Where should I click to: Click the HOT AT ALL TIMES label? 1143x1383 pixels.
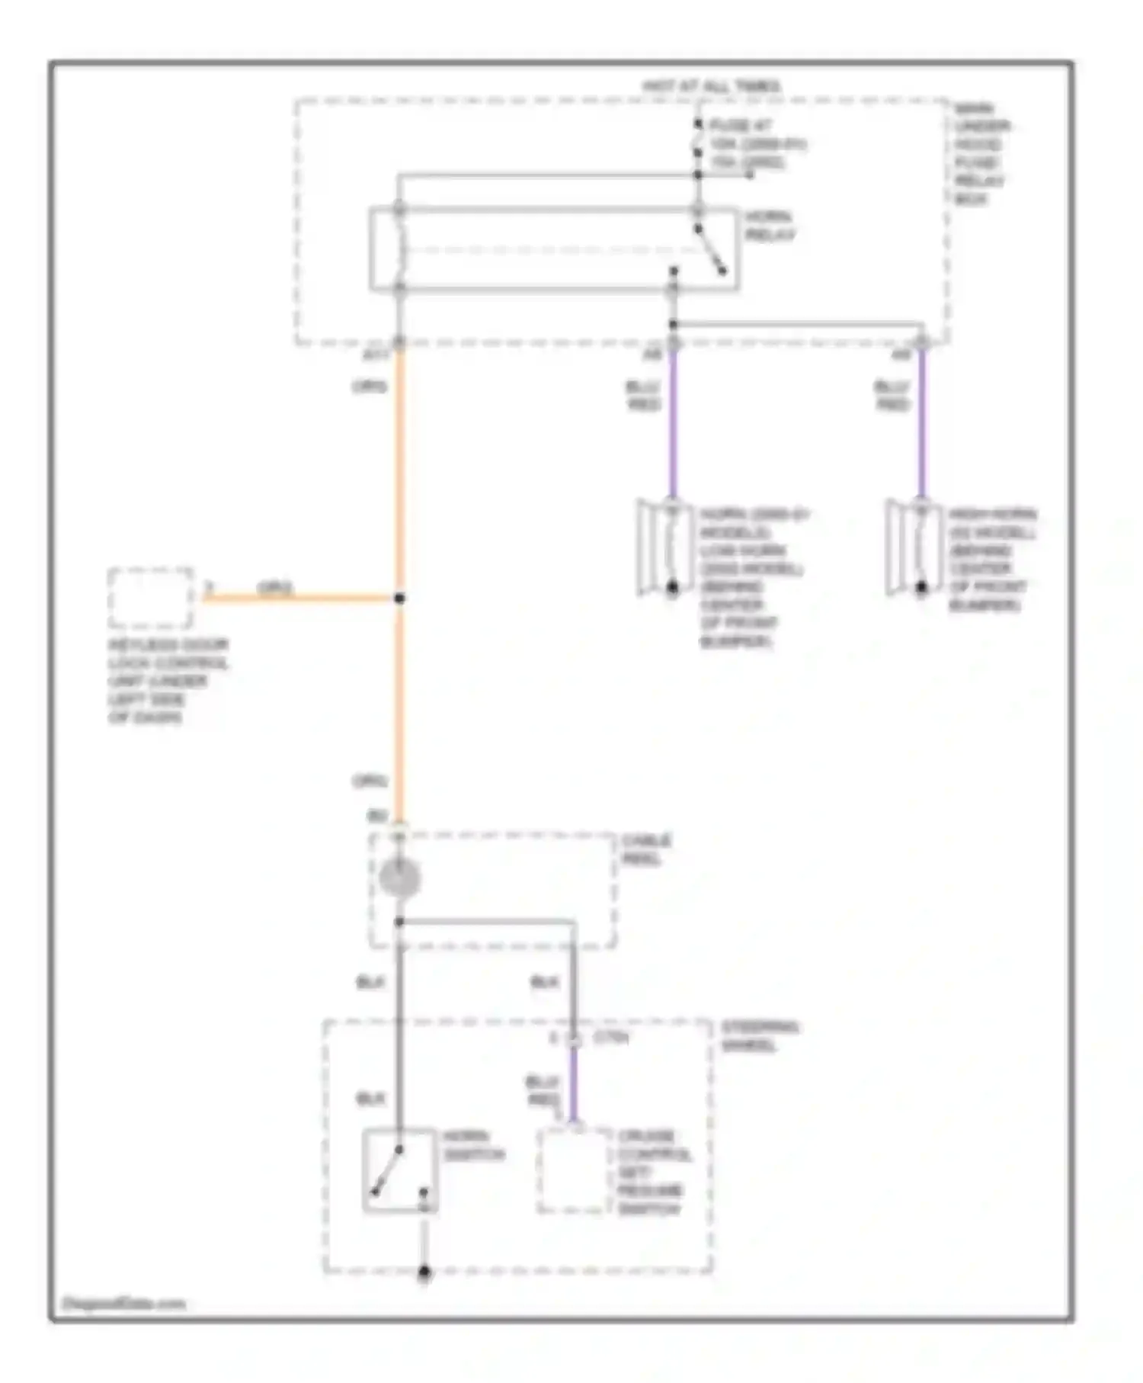click(x=712, y=86)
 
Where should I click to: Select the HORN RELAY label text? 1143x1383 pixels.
click(x=769, y=226)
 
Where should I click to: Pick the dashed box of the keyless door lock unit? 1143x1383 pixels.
click(x=151, y=598)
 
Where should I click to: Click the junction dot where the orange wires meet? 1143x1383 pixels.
click(x=399, y=598)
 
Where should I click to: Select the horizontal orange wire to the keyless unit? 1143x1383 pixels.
click(x=297, y=598)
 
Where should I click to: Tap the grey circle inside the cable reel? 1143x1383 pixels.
click(x=399, y=878)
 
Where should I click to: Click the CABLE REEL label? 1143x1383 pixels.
click(x=646, y=849)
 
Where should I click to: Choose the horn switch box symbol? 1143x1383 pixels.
click(x=399, y=1170)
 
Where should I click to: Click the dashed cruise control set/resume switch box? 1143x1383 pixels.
click(x=575, y=1170)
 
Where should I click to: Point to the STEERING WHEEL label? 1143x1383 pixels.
click(x=760, y=1036)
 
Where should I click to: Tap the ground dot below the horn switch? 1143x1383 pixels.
click(x=424, y=1272)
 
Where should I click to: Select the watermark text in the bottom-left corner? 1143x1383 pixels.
click(x=123, y=1303)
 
